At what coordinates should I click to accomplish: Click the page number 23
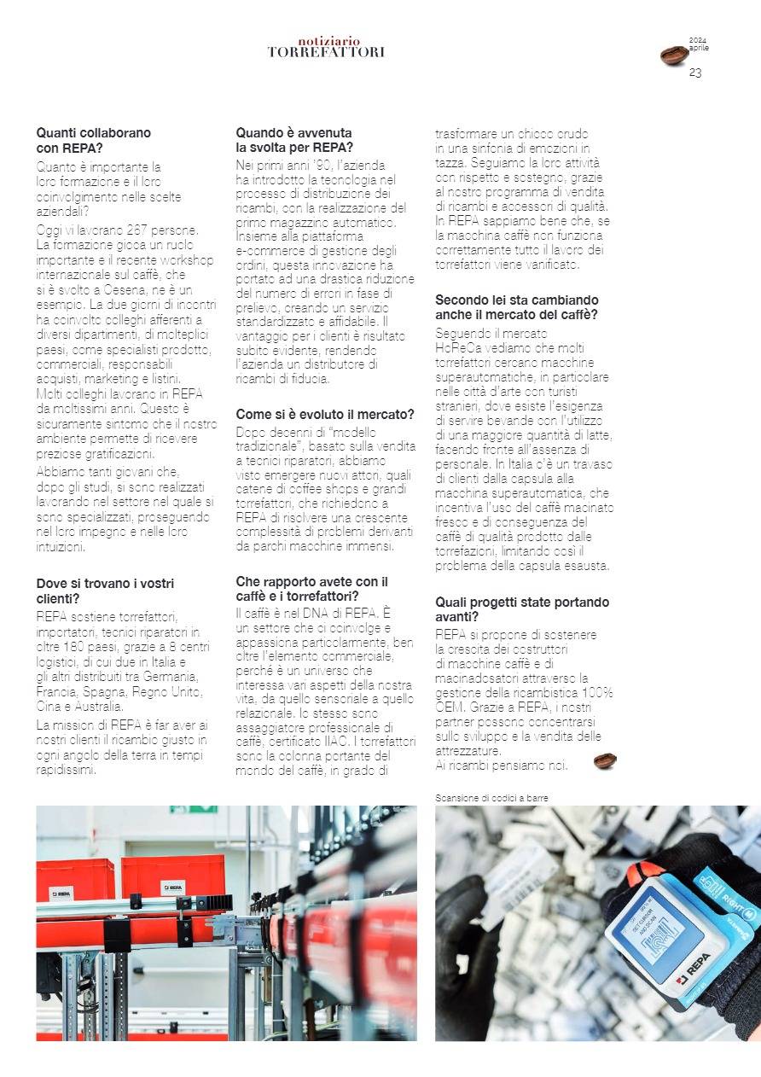pos(695,73)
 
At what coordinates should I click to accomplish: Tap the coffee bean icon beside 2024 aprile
pos(673,55)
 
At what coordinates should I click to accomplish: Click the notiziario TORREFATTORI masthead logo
pos(326,47)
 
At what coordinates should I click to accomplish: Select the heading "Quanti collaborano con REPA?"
pos(93,140)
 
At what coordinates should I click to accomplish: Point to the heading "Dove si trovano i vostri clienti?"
pos(105,591)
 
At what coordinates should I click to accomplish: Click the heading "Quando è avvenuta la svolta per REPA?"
pos(293,140)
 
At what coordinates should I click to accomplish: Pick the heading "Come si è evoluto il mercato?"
pos(325,415)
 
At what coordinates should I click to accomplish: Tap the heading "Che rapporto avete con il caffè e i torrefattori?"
pos(312,588)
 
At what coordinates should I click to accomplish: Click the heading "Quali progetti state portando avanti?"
pos(522,609)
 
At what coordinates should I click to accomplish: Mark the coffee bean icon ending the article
pos(605,760)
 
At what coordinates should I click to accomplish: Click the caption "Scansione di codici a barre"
pos(491,798)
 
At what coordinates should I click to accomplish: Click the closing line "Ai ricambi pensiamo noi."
pos(501,766)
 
